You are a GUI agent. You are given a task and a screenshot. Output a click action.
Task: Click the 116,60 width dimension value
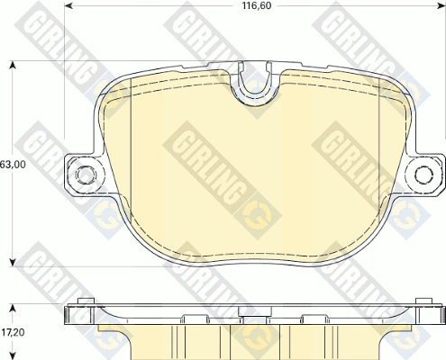click(x=252, y=5)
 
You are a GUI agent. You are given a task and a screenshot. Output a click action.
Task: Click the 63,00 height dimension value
click(x=13, y=165)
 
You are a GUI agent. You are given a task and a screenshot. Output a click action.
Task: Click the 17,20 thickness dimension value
click(x=13, y=332)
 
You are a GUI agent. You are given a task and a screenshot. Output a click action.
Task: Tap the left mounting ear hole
click(x=86, y=174)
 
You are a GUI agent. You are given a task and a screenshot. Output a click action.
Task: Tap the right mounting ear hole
click(x=424, y=174)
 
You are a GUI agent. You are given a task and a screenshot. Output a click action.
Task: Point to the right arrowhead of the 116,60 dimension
click(x=441, y=5)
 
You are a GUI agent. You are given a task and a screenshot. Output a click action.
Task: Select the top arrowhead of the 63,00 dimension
click(x=13, y=66)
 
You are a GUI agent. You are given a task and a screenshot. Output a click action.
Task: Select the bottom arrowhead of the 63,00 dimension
click(x=13, y=262)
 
